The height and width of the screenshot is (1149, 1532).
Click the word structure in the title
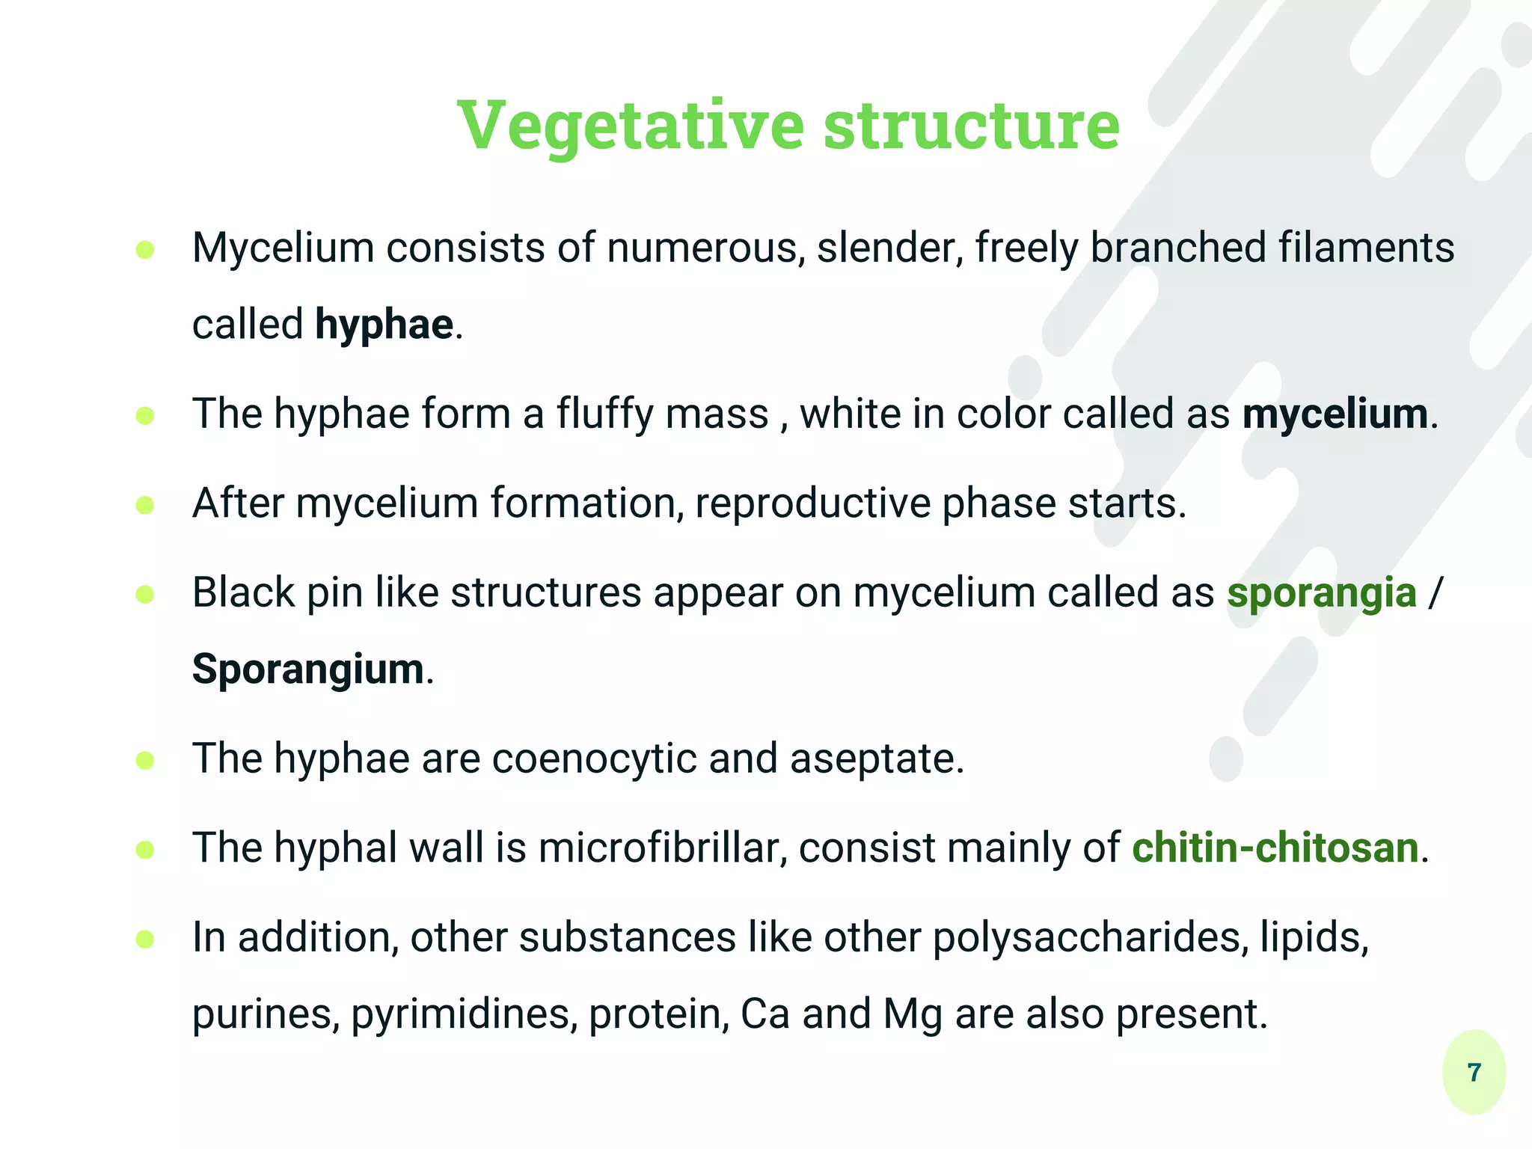click(971, 125)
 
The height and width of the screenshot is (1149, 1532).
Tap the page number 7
click(1474, 1073)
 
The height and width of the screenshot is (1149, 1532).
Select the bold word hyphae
click(384, 325)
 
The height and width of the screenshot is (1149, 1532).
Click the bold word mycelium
click(1335, 414)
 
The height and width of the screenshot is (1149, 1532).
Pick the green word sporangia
click(1322, 592)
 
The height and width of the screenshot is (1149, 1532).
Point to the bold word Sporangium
click(308, 669)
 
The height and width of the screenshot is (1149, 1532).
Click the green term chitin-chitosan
click(1275, 848)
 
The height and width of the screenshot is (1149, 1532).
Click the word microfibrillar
click(663, 848)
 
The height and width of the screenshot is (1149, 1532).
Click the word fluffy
click(604, 414)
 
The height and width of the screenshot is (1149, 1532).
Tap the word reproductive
click(812, 503)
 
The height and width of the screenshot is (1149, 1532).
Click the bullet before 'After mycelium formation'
click(145, 506)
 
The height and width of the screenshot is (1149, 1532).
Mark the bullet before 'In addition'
click(145, 940)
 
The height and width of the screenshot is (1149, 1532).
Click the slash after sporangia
click(1435, 593)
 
